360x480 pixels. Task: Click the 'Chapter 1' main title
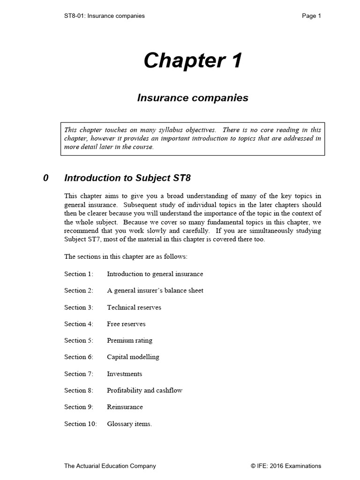point(193,60)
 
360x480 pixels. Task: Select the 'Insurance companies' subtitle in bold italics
point(193,98)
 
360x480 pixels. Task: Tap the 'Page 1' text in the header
point(311,16)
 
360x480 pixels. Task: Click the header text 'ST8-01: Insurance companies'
point(105,16)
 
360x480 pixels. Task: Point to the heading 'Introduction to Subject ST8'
point(127,178)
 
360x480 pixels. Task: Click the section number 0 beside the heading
point(45,178)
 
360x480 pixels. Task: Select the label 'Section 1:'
point(79,274)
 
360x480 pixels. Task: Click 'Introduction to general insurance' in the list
point(155,274)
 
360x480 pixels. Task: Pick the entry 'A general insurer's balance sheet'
point(155,291)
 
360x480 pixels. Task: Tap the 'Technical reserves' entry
point(134,307)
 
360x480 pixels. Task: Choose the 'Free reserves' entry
point(126,324)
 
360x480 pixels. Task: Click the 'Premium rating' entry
point(129,341)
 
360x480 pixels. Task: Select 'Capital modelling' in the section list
point(133,357)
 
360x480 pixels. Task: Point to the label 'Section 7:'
point(79,374)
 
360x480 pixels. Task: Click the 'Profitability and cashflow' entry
point(144,390)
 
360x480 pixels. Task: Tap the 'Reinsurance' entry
point(125,407)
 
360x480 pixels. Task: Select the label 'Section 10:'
point(81,424)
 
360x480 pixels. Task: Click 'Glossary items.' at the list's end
point(129,424)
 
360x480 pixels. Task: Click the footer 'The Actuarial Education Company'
point(110,466)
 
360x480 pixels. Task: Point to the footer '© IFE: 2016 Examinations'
point(286,466)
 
